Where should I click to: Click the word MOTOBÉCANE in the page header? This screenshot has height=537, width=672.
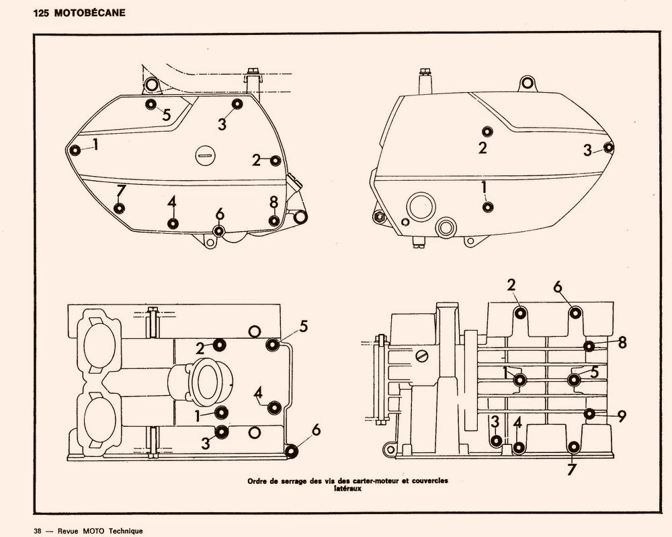coord(90,13)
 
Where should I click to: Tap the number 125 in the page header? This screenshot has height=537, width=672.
coord(42,13)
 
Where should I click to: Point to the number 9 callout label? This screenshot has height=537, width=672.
coord(622,416)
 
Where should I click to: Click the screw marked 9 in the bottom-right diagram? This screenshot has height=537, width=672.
coord(590,413)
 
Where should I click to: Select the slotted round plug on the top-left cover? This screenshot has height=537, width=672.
coord(204,155)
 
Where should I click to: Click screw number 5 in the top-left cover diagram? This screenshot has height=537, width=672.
coord(151,104)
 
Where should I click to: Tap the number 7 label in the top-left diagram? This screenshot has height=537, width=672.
coord(121,191)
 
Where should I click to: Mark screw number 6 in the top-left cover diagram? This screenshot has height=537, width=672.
coord(219,231)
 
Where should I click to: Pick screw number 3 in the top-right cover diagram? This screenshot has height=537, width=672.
coord(609,147)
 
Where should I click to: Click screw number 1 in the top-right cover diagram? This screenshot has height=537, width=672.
coord(487,208)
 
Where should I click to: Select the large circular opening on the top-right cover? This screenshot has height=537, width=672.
coord(421,207)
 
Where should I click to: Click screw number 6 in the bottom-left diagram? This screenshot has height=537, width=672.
coord(292,451)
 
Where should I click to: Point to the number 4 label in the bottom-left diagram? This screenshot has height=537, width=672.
coord(258,393)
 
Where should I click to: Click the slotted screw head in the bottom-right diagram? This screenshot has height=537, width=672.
coord(421,356)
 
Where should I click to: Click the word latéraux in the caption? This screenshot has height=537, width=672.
coord(347,488)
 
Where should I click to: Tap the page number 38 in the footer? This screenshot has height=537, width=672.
coord(38,531)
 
